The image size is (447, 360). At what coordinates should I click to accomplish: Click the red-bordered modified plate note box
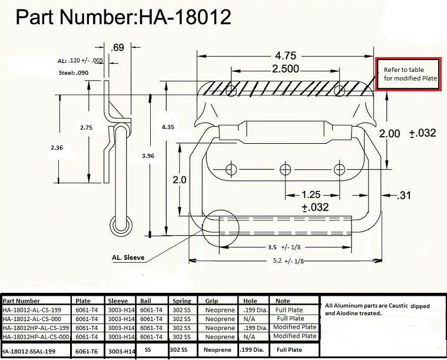click(x=409, y=74)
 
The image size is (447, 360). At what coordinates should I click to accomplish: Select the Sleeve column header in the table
click(x=118, y=300)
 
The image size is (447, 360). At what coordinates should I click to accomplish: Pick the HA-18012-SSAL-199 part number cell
click(x=35, y=350)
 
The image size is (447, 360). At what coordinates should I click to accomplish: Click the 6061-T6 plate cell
click(x=87, y=350)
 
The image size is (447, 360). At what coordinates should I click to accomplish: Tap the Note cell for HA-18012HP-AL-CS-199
click(x=294, y=327)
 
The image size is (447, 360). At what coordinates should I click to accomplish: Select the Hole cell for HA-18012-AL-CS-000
click(x=251, y=319)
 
